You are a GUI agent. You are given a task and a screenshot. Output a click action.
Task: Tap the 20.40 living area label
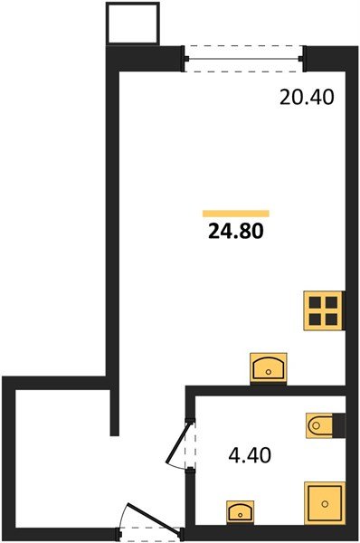click(x=308, y=97)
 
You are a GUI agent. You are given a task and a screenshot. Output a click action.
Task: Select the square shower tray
click(x=324, y=501)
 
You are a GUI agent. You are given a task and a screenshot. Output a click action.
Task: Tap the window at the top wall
click(x=243, y=57)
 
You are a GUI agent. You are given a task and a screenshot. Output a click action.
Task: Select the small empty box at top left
click(x=133, y=24)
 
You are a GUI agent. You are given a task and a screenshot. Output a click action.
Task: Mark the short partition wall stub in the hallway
click(x=115, y=406)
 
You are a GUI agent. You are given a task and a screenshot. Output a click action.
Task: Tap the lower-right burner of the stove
click(x=332, y=319)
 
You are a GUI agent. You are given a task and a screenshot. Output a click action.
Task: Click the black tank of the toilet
click(x=339, y=424)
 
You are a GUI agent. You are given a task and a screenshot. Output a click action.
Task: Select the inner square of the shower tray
click(x=324, y=501)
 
